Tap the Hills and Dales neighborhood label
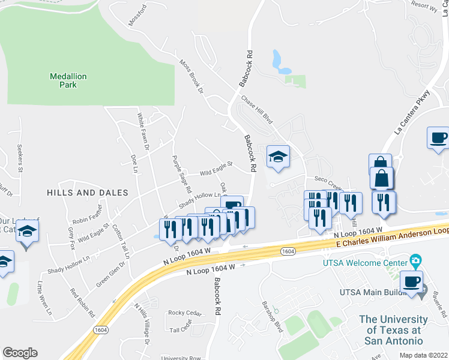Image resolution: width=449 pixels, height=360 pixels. tap(88, 193)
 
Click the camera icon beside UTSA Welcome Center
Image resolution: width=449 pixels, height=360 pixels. tap(414, 261)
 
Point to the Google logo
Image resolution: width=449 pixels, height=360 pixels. tap(20, 353)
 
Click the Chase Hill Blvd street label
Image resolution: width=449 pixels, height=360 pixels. tap(257, 109)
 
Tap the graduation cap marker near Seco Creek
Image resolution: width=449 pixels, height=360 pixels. tap(278, 157)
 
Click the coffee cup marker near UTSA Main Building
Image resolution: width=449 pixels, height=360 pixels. tap(411, 282)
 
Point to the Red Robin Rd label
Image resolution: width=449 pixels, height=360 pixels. tap(83, 302)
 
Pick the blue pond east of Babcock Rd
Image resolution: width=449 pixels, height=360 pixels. tap(278, 61)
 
